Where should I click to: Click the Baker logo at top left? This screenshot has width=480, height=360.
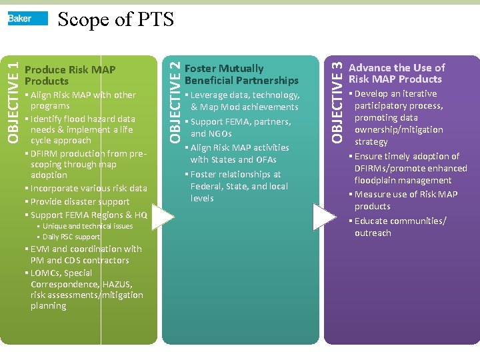tap(27, 19)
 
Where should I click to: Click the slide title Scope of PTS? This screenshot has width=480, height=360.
tap(115, 19)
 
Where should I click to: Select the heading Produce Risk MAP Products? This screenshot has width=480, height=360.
tap(70, 75)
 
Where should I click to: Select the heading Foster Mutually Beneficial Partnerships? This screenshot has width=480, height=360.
tap(241, 74)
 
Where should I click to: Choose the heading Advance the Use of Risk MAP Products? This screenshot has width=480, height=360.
tap(397, 73)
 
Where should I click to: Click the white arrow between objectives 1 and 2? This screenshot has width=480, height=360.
tap(160, 216)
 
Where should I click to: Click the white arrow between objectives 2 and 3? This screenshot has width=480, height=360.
tap(324, 217)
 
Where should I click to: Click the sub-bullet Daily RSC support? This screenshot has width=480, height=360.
tap(71, 237)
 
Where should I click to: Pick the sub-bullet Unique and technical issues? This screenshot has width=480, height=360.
tap(87, 227)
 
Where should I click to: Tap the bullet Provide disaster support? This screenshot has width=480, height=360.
tap(79, 201)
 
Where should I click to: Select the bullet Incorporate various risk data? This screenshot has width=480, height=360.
tap(88, 188)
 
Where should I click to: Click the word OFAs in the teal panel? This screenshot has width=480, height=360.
tap(265, 160)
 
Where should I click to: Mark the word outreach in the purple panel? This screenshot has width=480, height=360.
tap(373, 233)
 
